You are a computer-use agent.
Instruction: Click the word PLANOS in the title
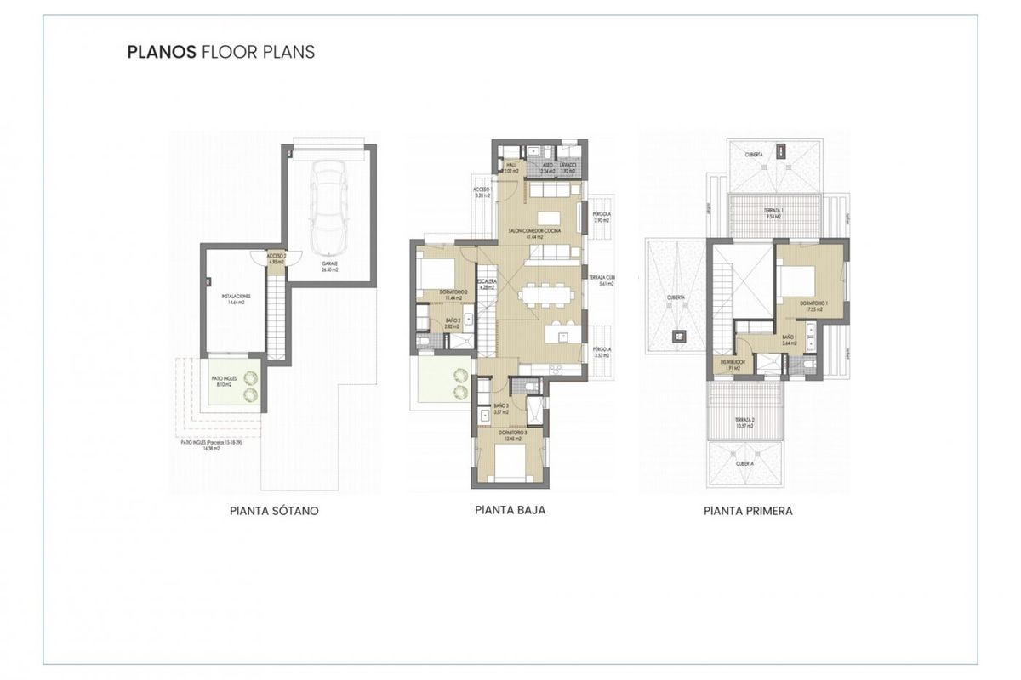pos(161,52)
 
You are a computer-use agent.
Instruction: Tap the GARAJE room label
pos(329,265)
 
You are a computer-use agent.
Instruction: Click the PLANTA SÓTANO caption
pos(274,512)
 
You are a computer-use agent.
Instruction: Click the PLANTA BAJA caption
pos(510,511)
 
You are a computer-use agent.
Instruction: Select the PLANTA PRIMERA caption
pos(748,512)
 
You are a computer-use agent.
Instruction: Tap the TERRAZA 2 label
pos(745,422)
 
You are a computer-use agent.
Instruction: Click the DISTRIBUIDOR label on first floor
pos(733,364)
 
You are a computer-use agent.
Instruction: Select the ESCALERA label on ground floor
pos(487,283)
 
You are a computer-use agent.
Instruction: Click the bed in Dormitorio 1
pos(803,280)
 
